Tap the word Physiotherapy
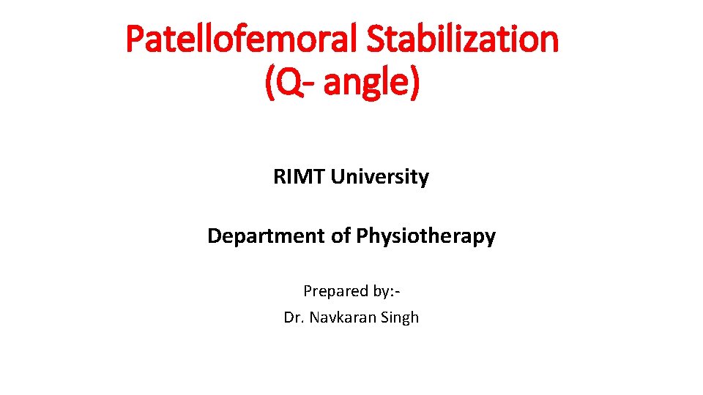pos(425,236)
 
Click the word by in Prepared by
pos(381,291)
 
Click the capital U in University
pos(338,177)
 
